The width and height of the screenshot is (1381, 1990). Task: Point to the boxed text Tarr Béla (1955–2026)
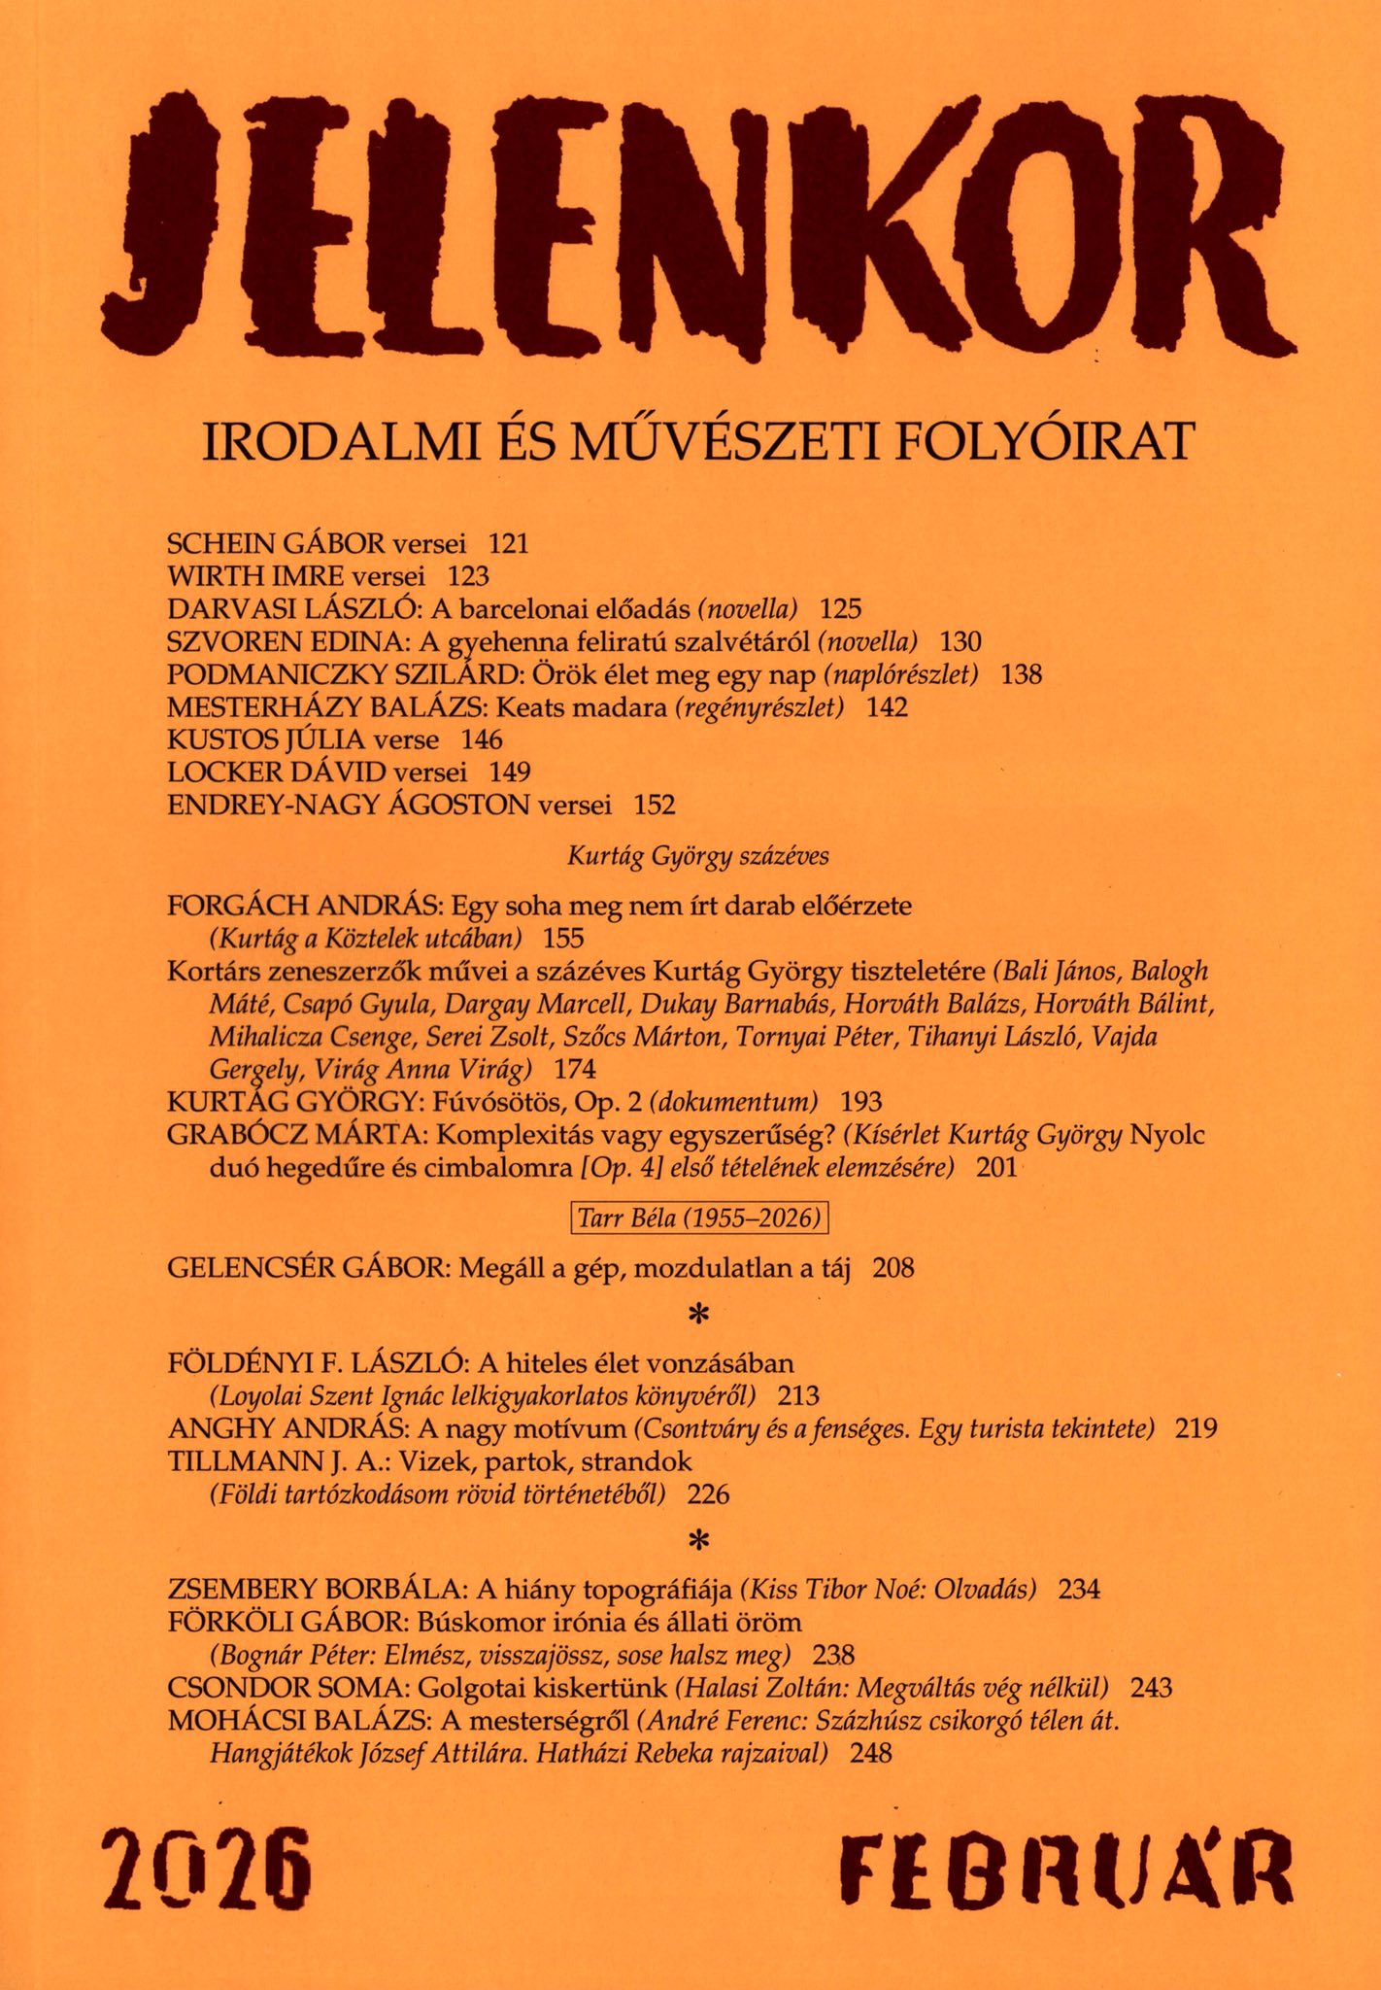coord(699,1218)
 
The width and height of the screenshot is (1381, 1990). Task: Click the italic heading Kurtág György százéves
coord(697,856)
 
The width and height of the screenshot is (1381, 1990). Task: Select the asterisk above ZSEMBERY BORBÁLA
coord(696,1540)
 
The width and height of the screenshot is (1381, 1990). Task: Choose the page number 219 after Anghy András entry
coord(1196,1428)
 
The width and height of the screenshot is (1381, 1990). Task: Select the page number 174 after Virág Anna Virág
coord(574,1070)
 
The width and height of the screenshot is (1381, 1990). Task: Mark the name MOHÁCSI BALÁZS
coord(299,1720)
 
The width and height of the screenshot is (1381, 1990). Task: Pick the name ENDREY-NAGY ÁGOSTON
coord(349,805)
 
